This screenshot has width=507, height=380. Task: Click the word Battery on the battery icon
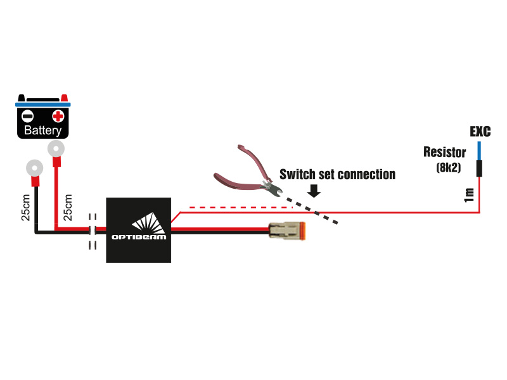[42, 131]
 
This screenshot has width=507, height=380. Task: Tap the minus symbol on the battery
[27, 116]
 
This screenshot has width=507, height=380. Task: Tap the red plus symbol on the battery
[58, 116]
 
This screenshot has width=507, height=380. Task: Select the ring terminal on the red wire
[56, 149]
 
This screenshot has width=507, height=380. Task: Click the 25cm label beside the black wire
[25, 206]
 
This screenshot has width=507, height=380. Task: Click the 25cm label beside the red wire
[68, 206]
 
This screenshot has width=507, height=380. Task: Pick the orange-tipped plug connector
[289, 232]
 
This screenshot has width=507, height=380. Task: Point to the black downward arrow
[314, 189]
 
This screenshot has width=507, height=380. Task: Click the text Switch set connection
[337, 174]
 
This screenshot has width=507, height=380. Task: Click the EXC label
[480, 132]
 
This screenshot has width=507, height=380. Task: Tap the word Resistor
[444, 153]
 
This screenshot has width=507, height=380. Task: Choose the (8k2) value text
[449, 168]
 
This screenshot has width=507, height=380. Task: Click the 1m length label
[469, 195]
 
